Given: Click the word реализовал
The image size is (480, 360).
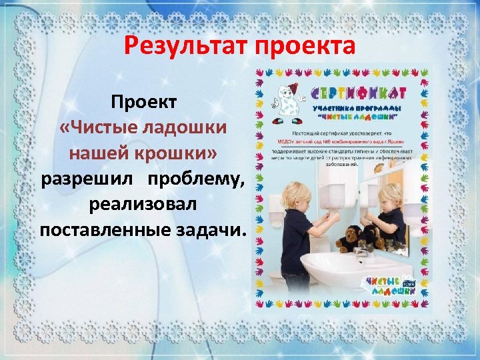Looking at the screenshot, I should [x=142, y=204].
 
